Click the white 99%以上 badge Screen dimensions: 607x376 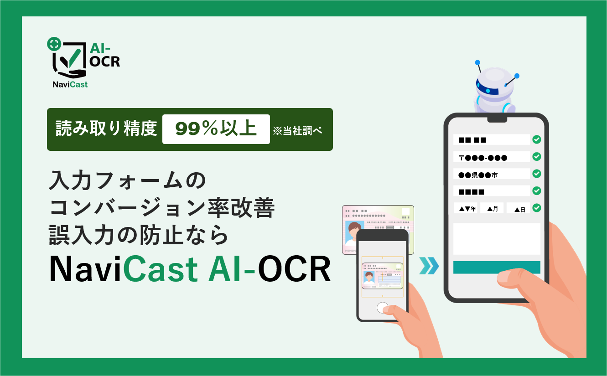[216, 129]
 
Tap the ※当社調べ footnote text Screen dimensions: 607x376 [297, 131]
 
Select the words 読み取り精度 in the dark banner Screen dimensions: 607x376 [106, 128]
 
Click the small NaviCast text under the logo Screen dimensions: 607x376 [70, 84]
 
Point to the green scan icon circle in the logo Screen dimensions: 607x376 [54, 44]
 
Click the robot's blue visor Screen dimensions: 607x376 [487, 88]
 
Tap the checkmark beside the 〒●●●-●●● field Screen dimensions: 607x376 [537, 157]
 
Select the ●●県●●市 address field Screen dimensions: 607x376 [491, 174]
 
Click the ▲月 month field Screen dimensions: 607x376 [492, 208]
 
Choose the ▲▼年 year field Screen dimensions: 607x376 [466, 208]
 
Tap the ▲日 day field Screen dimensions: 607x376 [518, 208]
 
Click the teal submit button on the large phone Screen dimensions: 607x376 [497, 268]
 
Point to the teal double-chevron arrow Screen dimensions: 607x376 [429, 266]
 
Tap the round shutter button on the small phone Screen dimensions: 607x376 [382, 308]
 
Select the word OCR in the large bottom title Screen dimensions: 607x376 [295, 269]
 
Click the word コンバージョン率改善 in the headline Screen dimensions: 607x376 [162, 208]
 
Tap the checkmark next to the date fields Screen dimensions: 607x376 [537, 208]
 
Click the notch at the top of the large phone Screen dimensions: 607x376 [497, 119]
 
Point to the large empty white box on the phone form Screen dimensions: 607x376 [497, 239]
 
